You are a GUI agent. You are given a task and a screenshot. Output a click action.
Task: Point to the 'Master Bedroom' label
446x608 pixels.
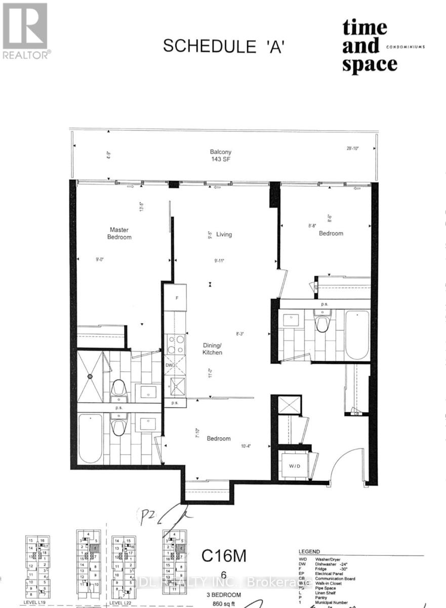pyautogui.click(x=120, y=234)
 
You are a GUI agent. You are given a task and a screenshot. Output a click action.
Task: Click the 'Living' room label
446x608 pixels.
pyautogui.click(x=224, y=234)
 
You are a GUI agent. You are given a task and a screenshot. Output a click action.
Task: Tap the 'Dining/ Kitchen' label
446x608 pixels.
pyautogui.click(x=212, y=349)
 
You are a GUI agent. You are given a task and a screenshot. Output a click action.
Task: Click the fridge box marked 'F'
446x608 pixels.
pyautogui.click(x=176, y=298)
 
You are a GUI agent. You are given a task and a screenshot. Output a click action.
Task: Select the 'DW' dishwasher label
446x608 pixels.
pyautogui.click(x=170, y=365)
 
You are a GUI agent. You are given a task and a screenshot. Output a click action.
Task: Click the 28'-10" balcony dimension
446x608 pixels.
pyautogui.click(x=351, y=148)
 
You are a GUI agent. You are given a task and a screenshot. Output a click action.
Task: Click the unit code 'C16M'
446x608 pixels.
pyautogui.click(x=224, y=556)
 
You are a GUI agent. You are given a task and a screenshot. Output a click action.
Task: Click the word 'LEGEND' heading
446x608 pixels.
pyautogui.click(x=309, y=552)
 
